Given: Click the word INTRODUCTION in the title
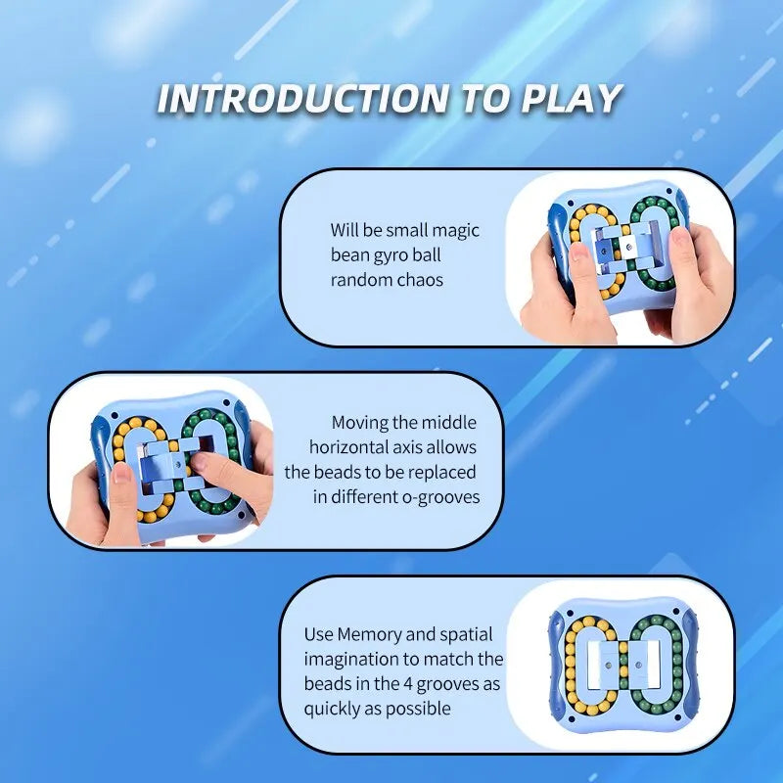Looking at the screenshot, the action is [x=302, y=99].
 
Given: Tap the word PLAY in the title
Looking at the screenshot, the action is [x=572, y=99].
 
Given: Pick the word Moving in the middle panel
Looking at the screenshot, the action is [x=360, y=423].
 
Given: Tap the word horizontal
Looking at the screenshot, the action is [x=349, y=447].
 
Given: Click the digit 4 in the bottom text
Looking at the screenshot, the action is [x=408, y=684].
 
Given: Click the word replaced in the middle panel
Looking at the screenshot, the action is [x=445, y=472].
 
